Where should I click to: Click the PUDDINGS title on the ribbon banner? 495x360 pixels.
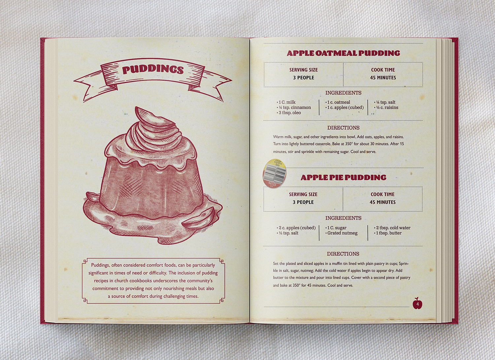click(153, 70)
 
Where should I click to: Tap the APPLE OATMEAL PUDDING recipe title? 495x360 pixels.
click(344, 53)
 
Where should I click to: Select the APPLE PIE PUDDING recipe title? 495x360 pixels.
click(344, 178)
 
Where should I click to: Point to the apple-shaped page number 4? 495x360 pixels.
click(417, 303)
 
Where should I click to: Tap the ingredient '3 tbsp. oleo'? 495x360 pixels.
click(289, 113)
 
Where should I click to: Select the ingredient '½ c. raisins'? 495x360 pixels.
click(386, 107)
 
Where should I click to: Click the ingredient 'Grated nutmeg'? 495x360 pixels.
click(341, 233)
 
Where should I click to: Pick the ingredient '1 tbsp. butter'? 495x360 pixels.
click(388, 233)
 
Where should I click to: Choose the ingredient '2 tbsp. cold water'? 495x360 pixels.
click(392, 228)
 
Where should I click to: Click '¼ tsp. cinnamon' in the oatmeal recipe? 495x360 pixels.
click(294, 107)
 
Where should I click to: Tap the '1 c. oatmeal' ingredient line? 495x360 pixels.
click(338, 102)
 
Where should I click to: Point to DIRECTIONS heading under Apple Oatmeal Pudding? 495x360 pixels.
click(344, 128)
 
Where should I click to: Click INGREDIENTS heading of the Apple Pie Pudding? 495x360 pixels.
click(344, 218)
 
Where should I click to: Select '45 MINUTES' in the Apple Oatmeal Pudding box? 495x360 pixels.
click(383, 78)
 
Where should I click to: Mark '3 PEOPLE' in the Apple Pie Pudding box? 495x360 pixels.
click(303, 202)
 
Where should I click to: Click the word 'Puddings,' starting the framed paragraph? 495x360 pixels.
click(101, 265)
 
